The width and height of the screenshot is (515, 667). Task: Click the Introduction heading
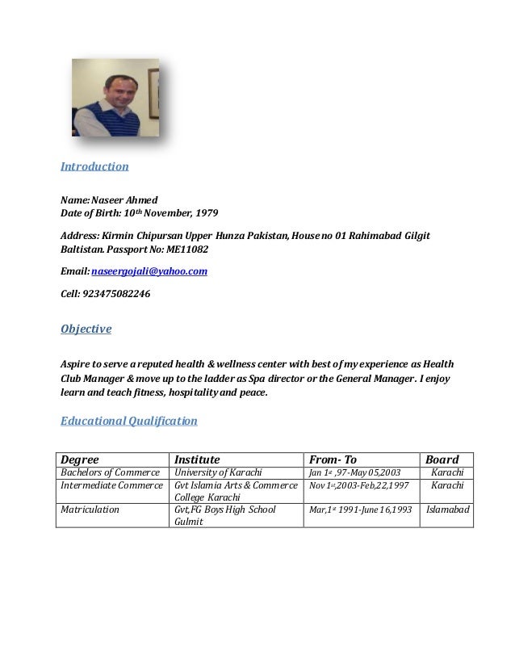[95, 167]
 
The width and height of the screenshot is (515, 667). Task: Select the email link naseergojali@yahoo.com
[149, 272]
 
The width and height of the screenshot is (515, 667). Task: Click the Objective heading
[86, 329]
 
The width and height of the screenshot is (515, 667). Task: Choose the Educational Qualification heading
[129, 421]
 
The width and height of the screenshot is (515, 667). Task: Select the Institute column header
[198, 459]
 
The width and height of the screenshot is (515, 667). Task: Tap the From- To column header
[333, 459]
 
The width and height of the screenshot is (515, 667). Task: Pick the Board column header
[442, 459]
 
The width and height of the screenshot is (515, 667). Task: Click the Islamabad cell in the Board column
[448, 510]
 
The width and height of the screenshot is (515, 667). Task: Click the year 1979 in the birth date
[205, 213]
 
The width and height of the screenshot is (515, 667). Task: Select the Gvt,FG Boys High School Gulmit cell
[225, 515]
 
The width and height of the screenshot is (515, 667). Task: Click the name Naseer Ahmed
[124, 200]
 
